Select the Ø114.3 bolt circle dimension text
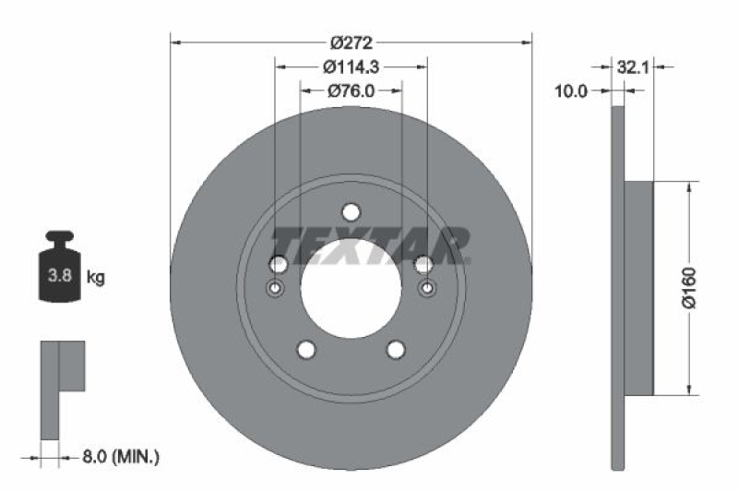(x=351, y=66)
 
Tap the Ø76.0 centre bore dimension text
(x=351, y=90)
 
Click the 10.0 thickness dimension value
(x=570, y=90)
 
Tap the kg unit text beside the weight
(x=95, y=276)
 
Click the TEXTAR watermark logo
(x=374, y=246)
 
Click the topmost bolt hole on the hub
(x=351, y=212)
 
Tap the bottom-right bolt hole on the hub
(x=396, y=350)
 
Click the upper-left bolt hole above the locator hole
(x=278, y=265)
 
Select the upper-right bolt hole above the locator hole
(x=423, y=265)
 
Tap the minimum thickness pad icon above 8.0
(x=61, y=388)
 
